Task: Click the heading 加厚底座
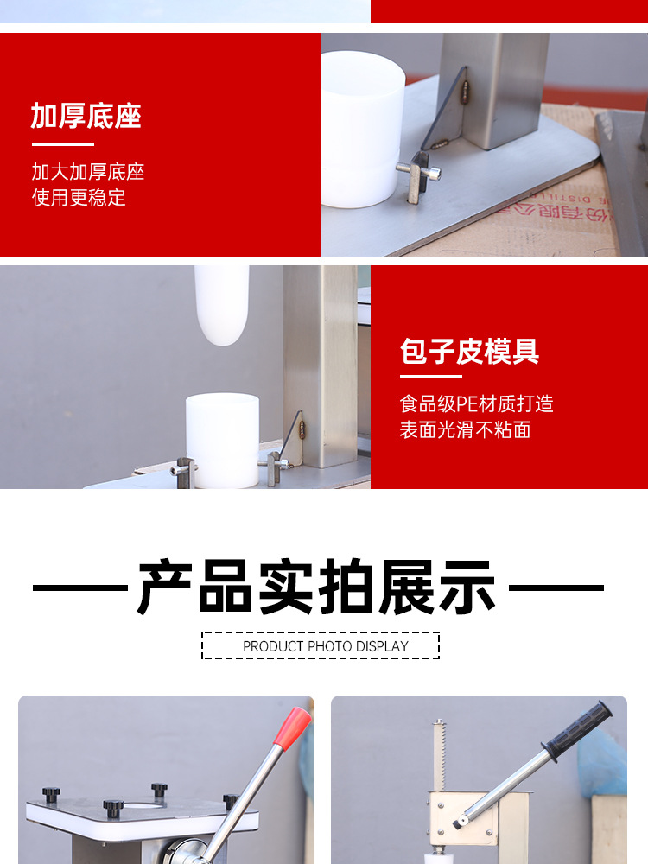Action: [x=86, y=116]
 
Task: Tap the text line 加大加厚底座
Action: [x=88, y=171]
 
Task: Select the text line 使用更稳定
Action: [x=79, y=197]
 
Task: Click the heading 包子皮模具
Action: [x=470, y=352]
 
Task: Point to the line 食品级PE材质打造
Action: [x=476, y=403]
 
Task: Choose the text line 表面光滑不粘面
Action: [x=465, y=429]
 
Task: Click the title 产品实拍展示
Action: [x=317, y=588]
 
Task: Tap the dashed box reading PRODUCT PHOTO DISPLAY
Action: [x=321, y=645]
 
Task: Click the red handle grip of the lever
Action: [x=292, y=727]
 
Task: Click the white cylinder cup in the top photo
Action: [x=362, y=130]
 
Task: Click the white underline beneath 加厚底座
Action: [x=62, y=144]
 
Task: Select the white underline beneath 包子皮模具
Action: [x=431, y=376]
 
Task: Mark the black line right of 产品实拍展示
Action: [x=556, y=588]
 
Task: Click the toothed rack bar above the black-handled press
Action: [x=439, y=752]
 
